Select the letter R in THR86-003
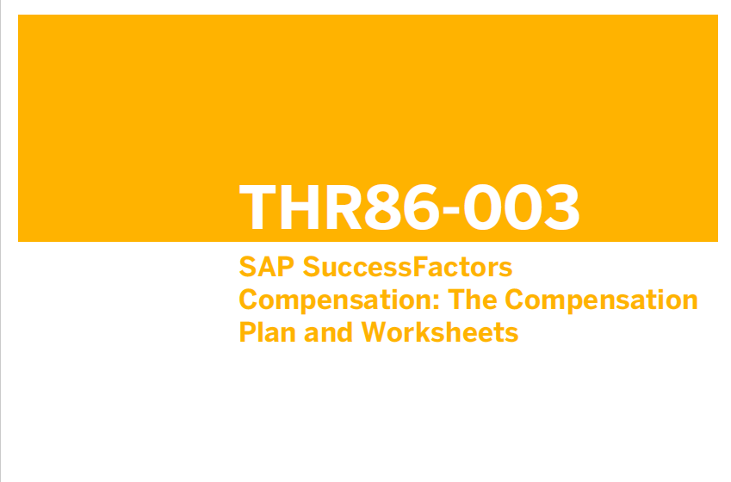[x=344, y=207]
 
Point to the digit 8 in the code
[x=382, y=207]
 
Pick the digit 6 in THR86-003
[x=422, y=207]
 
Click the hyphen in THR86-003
[x=451, y=210]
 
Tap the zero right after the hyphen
[x=481, y=207]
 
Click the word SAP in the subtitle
[x=267, y=267]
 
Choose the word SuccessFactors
[x=408, y=267]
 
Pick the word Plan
[x=268, y=332]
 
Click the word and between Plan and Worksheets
[x=328, y=332]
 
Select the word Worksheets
[x=440, y=332]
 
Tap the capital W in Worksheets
[x=376, y=333]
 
